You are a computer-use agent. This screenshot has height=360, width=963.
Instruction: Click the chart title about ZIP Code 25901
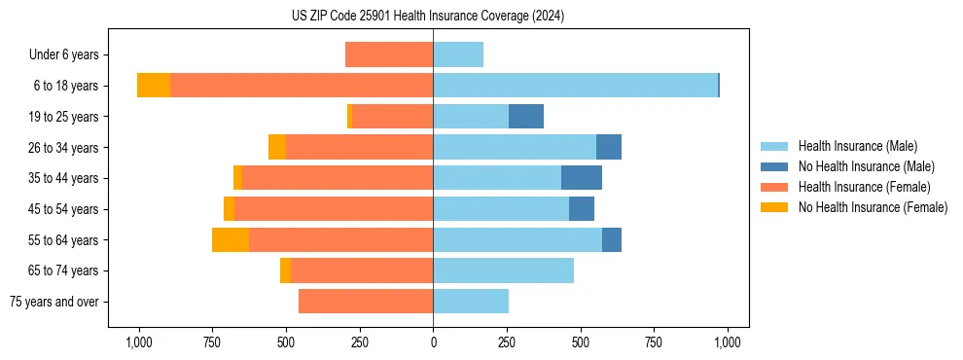pos(428,17)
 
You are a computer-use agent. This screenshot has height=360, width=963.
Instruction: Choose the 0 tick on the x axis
pos(433,342)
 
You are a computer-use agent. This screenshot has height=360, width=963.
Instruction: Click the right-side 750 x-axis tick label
pos(654,342)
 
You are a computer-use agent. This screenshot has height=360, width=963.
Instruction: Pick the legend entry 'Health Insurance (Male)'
pos(857,146)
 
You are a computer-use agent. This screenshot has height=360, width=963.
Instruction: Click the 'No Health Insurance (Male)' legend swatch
pos(774,166)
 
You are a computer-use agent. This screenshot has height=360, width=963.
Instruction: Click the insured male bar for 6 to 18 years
pos(575,86)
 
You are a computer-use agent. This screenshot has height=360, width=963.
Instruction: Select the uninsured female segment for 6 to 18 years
pos(154,86)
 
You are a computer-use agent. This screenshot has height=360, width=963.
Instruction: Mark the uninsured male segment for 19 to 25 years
pos(526,117)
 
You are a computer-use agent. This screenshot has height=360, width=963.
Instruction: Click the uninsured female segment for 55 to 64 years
pos(231,239)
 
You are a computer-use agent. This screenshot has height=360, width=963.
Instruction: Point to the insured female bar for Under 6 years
pos(389,54)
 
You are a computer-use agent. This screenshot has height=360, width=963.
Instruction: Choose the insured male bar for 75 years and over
pos(471,302)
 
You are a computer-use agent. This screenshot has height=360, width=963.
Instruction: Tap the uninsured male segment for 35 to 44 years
pos(582,178)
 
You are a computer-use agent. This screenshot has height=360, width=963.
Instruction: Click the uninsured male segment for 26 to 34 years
pos(609,147)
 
